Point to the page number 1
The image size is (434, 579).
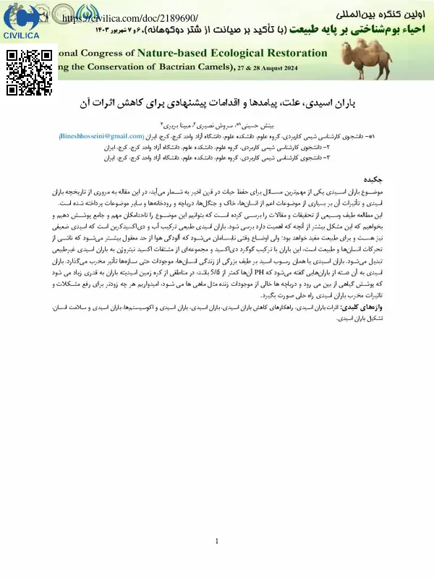point(217,542)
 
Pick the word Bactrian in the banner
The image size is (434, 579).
point(171,68)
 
